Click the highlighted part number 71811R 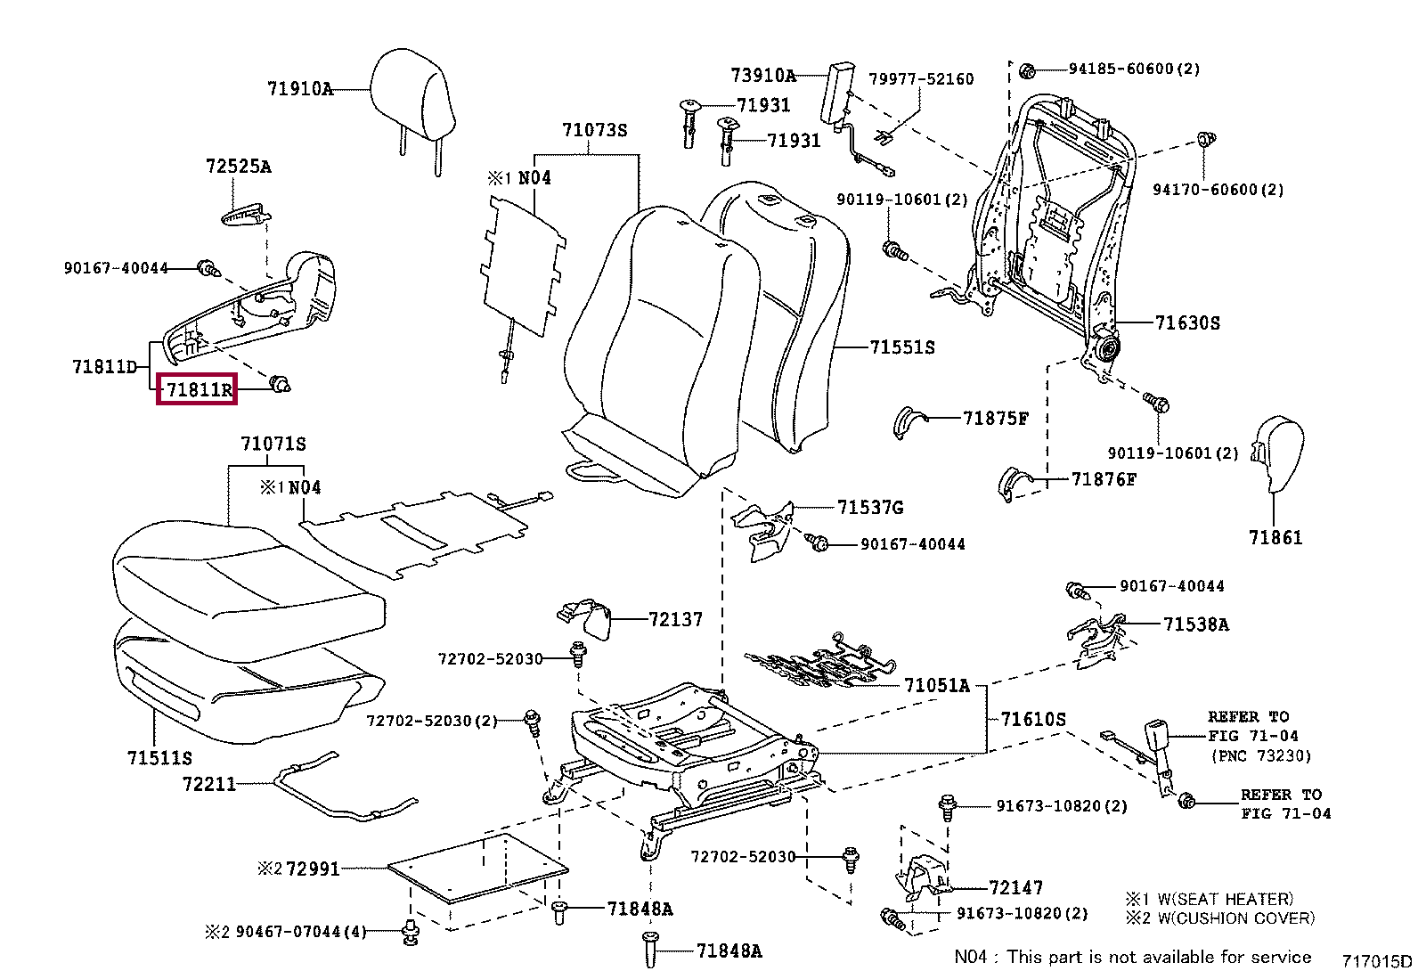[x=197, y=389]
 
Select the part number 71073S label [x=594, y=131]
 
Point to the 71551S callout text [x=902, y=347]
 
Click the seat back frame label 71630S [x=1187, y=323]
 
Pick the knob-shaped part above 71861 [x=1279, y=452]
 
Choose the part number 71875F [x=996, y=418]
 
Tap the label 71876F [x=1104, y=479]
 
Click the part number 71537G [x=870, y=508]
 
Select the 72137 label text [x=675, y=619]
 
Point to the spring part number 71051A [x=936, y=685]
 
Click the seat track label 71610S [x=1033, y=719]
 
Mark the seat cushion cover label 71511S [x=159, y=758]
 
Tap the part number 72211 [x=209, y=784]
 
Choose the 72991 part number [x=313, y=869]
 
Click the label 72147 [x=1015, y=887]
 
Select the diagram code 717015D [x=1377, y=960]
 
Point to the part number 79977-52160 [x=921, y=79]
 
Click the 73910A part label [x=763, y=76]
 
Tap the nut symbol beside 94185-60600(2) [x=1025, y=69]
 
